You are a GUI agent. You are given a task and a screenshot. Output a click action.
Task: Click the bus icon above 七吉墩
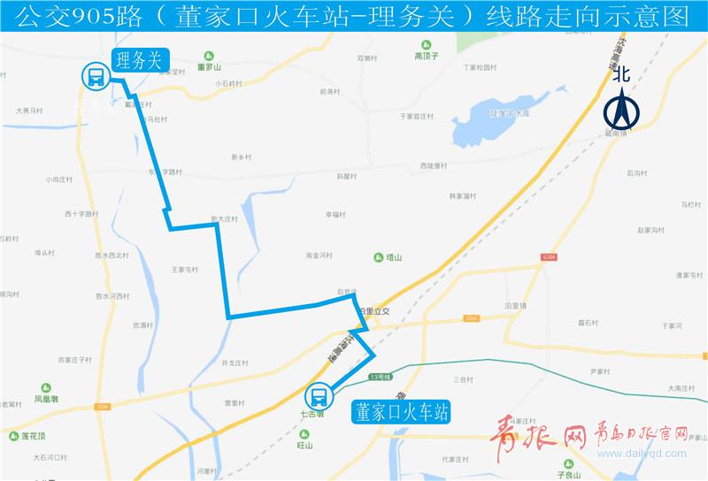pyautogui.click(x=319, y=395)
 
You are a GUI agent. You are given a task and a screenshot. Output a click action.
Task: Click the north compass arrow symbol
pyautogui.click(x=621, y=111)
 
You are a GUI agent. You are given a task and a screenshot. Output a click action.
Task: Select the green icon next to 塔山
pyautogui.click(x=379, y=257)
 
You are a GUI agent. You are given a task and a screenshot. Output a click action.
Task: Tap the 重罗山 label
pyautogui.click(x=209, y=66)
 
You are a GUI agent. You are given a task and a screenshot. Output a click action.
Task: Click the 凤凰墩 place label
pyautogui.click(x=46, y=399)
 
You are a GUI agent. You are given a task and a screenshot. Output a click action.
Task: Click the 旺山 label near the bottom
pyautogui.click(x=304, y=446)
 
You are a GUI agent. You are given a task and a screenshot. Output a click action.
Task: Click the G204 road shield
pyautogui.click(x=550, y=257)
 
